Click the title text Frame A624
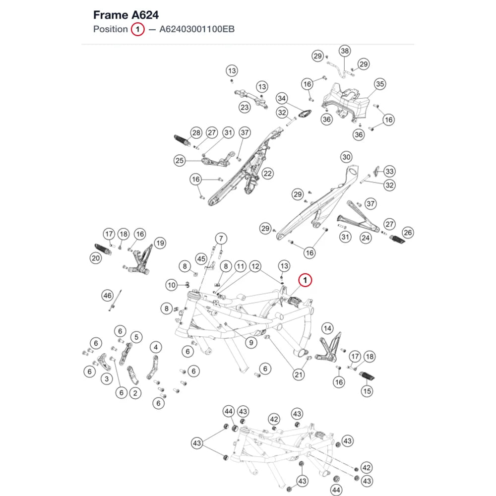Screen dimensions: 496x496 pyautogui.click(x=126, y=15)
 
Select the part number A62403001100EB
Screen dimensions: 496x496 pyautogui.click(x=197, y=29)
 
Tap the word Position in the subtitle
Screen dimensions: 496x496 pyautogui.click(x=111, y=29)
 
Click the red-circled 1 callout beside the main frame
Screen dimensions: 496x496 pyautogui.click(x=305, y=280)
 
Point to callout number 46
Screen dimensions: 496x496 pyautogui.click(x=107, y=296)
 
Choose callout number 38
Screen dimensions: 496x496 pyautogui.click(x=345, y=51)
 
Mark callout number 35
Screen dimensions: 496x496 pyautogui.click(x=380, y=84)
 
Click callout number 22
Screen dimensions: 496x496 pyautogui.click(x=268, y=174)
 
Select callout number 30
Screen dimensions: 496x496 pyautogui.click(x=346, y=157)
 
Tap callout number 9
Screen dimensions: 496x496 pyautogui.click(x=251, y=343)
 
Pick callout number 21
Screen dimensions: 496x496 pyautogui.click(x=298, y=375)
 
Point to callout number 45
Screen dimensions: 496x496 pyautogui.click(x=201, y=259)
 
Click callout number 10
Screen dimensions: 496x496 pyautogui.click(x=172, y=285)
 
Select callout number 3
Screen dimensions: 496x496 pyautogui.click(x=107, y=379)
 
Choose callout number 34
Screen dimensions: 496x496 pyautogui.click(x=282, y=98)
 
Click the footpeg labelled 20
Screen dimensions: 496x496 pyautogui.click(x=103, y=250)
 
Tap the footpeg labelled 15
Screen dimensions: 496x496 pyautogui.click(x=367, y=376)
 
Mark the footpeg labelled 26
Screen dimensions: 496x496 pyautogui.click(x=397, y=240)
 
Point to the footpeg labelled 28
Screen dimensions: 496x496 pyautogui.click(x=182, y=140)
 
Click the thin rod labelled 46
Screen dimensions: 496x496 pyautogui.click(x=116, y=300)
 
